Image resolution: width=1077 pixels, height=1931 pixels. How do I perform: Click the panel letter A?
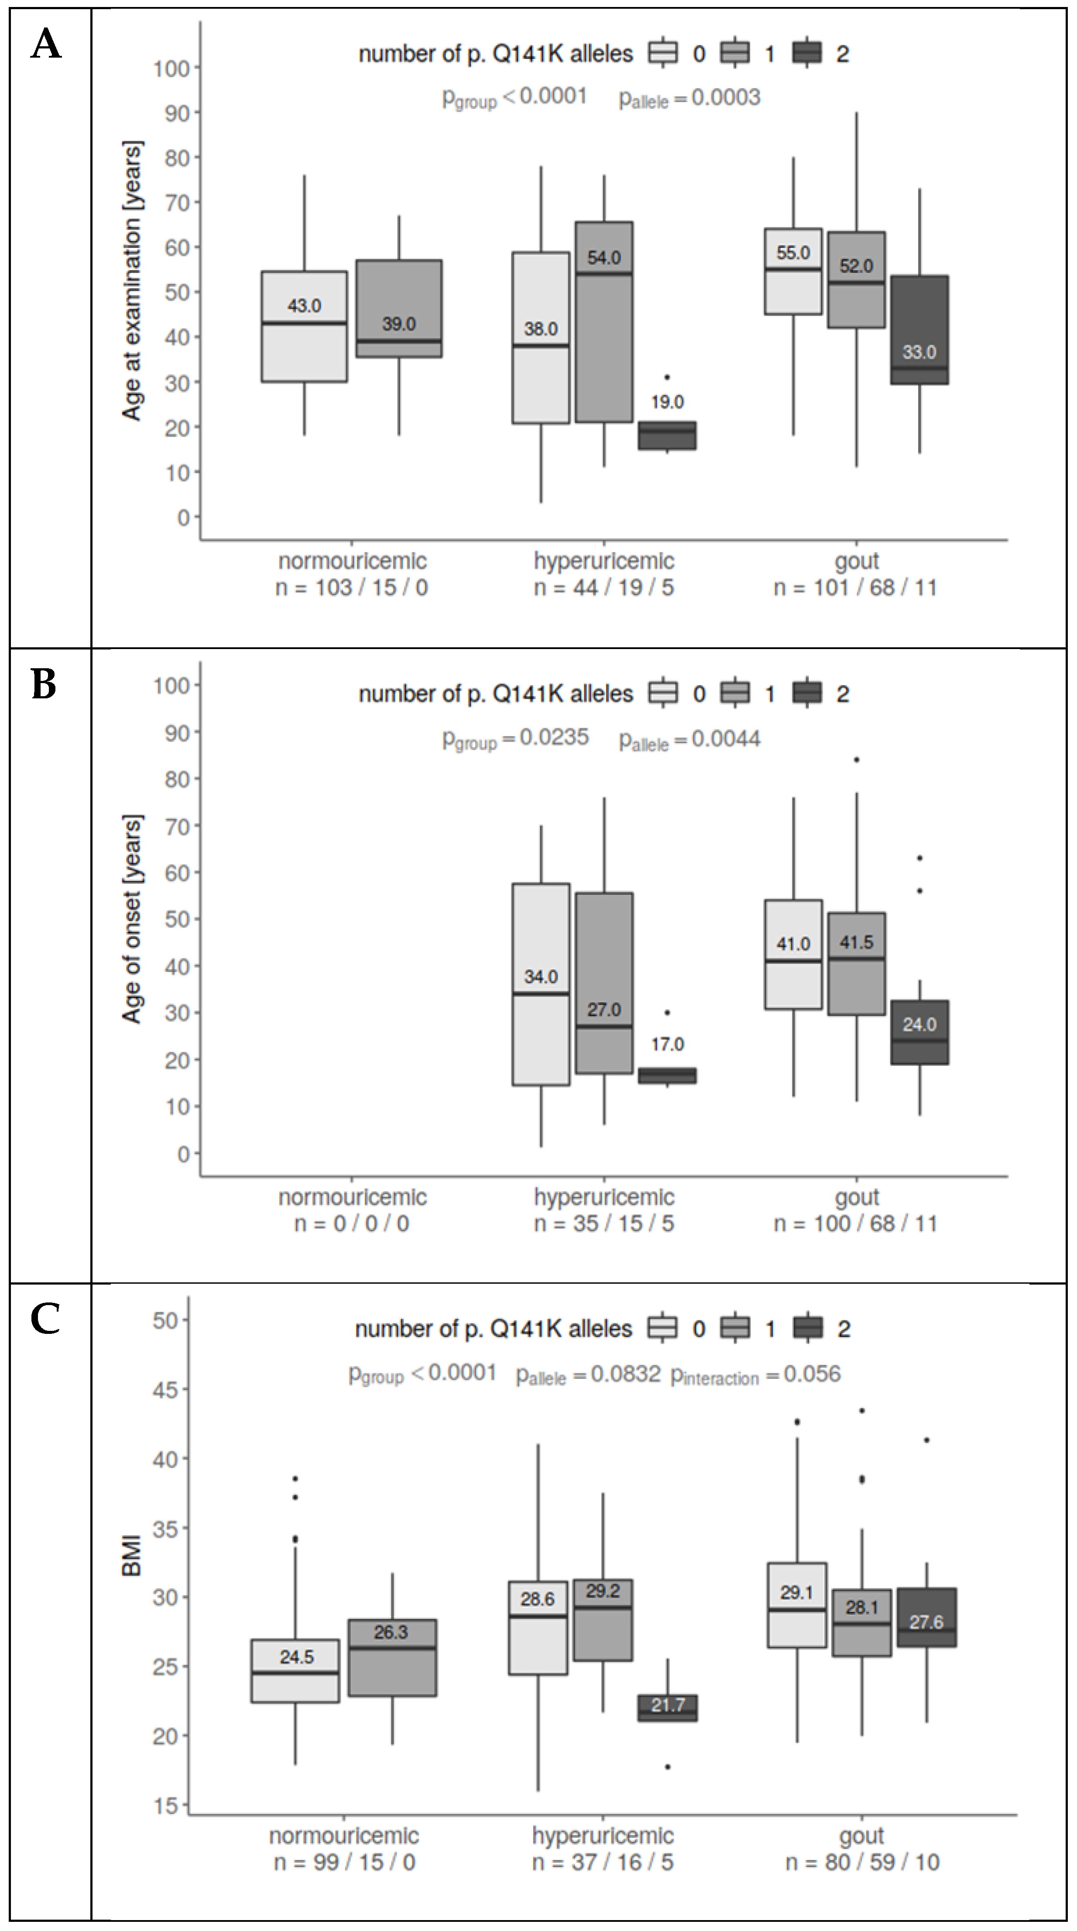[x=46, y=45]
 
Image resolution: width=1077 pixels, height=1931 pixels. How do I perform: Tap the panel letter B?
[x=44, y=684]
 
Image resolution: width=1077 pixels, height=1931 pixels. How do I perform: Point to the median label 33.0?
[x=919, y=352]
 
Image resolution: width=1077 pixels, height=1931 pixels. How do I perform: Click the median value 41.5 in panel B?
[x=856, y=942]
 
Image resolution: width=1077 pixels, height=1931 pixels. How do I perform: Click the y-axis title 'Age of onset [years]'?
[x=132, y=919]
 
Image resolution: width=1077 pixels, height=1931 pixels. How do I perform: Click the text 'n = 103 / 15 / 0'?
[x=351, y=587]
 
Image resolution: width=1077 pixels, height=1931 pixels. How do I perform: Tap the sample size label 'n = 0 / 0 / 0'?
[x=351, y=1223]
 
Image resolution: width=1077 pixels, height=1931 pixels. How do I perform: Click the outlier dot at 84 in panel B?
[x=857, y=759]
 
